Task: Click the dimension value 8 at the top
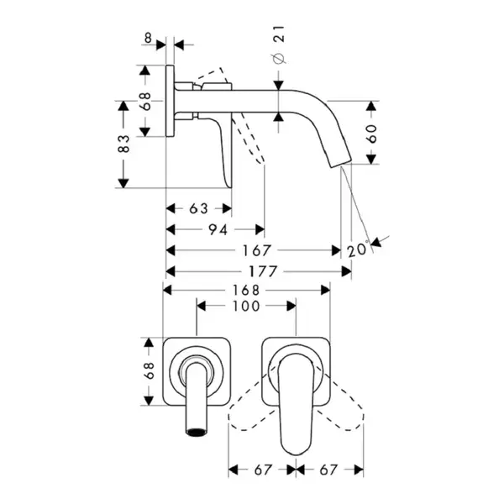(148, 39)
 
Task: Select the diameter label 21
(280, 34)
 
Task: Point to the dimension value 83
(123, 144)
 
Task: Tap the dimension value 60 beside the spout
(371, 134)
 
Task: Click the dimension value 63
(198, 209)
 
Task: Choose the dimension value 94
(218, 230)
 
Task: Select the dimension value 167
(256, 250)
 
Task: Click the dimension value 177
(263, 271)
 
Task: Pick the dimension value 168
(246, 291)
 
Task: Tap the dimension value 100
(246, 307)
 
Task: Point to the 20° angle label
(358, 249)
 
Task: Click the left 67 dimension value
(263, 470)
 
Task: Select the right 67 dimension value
(328, 470)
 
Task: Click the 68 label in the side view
(145, 101)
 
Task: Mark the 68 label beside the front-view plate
(150, 371)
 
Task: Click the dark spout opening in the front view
(196, 433)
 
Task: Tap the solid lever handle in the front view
(296, 404)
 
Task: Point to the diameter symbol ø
(279, 58)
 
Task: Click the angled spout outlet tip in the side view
(340, 161)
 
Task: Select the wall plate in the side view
(170, 101)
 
